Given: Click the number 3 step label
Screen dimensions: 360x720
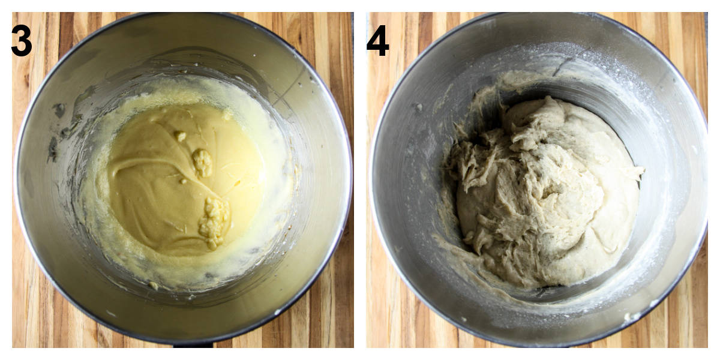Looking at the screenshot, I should point(22,41).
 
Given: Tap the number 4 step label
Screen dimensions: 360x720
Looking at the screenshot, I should point(377,41).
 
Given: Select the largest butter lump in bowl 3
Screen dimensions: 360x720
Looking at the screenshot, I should point(214,221).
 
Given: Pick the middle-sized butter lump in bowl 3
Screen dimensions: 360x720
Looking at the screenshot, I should point(202,163).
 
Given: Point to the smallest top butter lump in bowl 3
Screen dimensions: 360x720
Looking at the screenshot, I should point(180,136).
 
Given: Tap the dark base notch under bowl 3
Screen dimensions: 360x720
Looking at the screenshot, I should point(193,344).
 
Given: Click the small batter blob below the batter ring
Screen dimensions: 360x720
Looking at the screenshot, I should point(154,286).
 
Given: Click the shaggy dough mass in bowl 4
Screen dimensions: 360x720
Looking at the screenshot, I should point(540,192).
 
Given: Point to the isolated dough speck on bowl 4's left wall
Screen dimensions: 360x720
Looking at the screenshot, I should point(418,107).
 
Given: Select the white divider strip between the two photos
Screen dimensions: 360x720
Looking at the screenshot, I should point(360,180).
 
